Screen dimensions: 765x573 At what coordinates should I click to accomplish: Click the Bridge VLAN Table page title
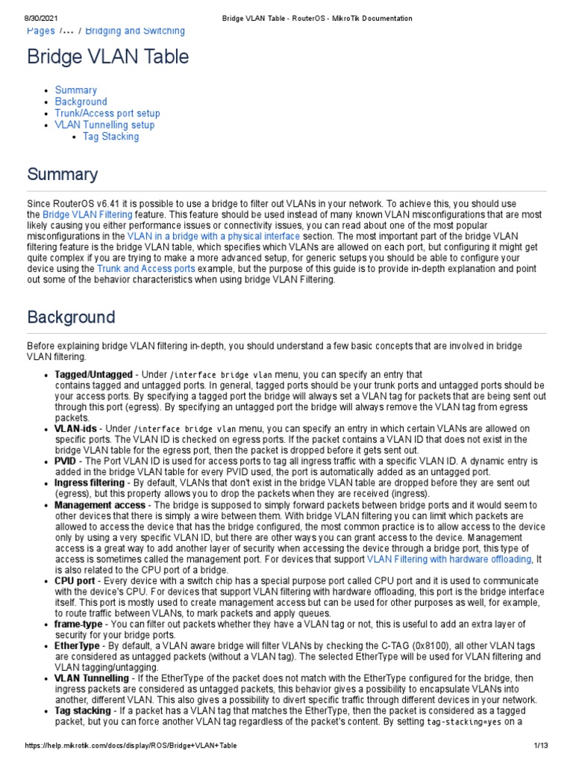[108, 57]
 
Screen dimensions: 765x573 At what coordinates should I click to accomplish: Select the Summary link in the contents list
[76, 90]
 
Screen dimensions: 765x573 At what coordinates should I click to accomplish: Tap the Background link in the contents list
[81, 102]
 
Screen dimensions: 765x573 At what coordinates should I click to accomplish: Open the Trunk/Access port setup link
[107, 114]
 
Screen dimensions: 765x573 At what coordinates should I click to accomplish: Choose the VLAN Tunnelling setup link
[105, 125]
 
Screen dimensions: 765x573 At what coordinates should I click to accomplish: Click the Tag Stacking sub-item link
[110, 137]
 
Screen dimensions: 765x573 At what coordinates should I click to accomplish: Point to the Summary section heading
[63, 175]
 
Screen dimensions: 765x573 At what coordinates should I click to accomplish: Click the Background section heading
[71, 317]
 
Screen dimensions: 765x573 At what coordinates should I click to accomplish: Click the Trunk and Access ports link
[146, 267]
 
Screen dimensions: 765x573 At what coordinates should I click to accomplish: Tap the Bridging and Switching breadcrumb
[135, 31]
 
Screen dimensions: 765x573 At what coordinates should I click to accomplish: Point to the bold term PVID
[66, 461]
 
